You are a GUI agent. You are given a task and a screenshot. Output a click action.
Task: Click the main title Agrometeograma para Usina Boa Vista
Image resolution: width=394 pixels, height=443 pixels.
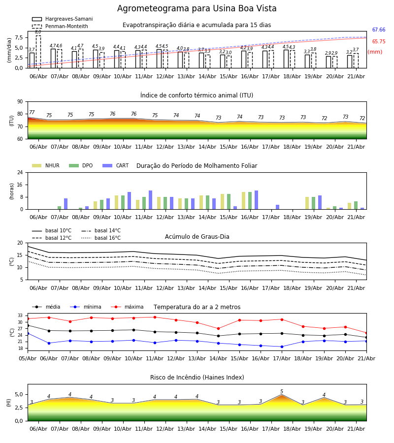pyautogui.click(x=197, y=8)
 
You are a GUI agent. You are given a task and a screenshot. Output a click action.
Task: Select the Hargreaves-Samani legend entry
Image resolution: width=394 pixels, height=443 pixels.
pyautogui.click(x=62, y=19)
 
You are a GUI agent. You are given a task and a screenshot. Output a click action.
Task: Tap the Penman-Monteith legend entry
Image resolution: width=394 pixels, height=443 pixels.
pyautogui.click(x=60, y=26)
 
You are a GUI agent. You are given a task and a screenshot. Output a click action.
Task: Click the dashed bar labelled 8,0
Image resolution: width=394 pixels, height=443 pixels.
pyautogui.click(x=38, y=52)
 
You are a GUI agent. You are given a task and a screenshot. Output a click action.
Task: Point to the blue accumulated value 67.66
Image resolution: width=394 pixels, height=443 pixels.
pyautogui.click(x=379, y=30)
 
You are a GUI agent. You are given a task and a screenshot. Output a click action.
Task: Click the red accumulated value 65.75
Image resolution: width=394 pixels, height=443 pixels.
pyautogui.click(x=379, y=41)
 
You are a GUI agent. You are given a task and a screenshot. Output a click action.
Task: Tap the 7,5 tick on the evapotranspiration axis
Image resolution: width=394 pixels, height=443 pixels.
pyautogui.click(x=19, y=37)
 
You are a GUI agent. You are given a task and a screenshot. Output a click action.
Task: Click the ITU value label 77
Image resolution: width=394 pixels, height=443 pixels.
pyautogui.click(x=32, y=112)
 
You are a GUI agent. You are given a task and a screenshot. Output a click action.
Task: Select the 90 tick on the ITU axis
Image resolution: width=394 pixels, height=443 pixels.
pyautogui.click(x=20, y=102)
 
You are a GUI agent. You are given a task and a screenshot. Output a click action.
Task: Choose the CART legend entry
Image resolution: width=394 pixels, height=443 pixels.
pyautogui.click(x=116, y=165)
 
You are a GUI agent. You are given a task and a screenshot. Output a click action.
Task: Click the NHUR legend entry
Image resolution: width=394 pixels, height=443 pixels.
pyautogui.click(x=46, y=165)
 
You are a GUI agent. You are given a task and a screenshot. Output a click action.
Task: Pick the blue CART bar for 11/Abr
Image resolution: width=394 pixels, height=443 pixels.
pyautogui.click(x=150, y=200)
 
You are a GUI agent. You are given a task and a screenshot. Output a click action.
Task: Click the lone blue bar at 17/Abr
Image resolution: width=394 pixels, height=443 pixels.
pyautogui.click(x=278, y=207)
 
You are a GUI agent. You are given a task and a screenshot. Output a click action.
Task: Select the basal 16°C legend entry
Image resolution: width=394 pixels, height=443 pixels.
pyautogui.click(x=101, y=238)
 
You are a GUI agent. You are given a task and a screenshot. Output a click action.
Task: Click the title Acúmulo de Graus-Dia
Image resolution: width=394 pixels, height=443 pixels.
pyautogui.click(x=197, y=237)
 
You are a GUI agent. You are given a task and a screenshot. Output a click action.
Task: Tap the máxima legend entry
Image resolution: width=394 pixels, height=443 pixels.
pyautogui.click(x=127, y=307)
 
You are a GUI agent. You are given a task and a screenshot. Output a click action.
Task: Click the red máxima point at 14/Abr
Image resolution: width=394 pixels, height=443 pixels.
pyautogui.click(x=219, y=329)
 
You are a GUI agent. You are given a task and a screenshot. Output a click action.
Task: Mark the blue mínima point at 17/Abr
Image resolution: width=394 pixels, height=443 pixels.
pyautogui.click(x=282, y=347)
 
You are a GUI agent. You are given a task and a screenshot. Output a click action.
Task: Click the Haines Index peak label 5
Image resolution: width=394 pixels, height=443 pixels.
pyautogui.click(x=282, y=391)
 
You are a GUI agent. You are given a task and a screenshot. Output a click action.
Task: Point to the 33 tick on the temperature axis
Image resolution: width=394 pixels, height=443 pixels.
pyautogui.click(x=20, y=316)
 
